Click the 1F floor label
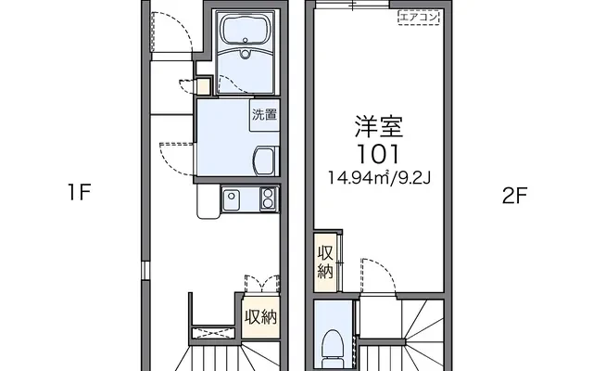(x=80, y=193)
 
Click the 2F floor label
(x=514, y=196)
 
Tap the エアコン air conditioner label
(x=419, y=17)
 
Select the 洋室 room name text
(x=379, y=127)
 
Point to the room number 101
(x=378, y=154)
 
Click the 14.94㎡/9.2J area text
(x=379, y=177)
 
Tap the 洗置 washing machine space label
(x=265, y=114)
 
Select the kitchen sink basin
(x=231, y=198)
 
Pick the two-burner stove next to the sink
(x=268, y=198)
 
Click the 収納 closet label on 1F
(x=261, y=317)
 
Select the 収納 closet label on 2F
(x=325, y=262)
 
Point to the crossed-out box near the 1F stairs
(x=212, y=333)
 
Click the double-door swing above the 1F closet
(x=262, y=283)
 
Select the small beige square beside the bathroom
(x=204, y=86)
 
